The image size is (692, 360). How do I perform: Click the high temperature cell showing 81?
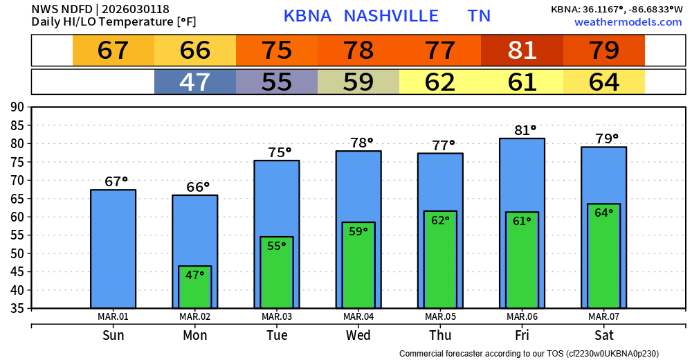[x=522, y=51]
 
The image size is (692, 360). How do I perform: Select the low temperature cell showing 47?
[x=195, y=82]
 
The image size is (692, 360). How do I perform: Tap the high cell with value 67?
[x=113, y=51]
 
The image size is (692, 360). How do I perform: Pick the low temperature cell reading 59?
[x=358, y=82]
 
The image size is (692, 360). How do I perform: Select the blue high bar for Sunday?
[x=113, y=249]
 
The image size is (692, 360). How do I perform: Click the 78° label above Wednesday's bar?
[x=358, y=143]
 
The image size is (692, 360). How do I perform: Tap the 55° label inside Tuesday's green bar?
[x=277, y=246]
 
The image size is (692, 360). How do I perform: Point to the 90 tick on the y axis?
[x=17, y=107]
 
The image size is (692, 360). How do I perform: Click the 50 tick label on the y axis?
[x=17, y=253]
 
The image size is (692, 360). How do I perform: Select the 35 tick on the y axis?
[x=17, y=308]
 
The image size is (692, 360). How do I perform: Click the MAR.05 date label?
[x=440, y=317]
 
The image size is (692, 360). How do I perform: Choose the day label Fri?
[x=522, y=336]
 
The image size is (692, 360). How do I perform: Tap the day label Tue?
[x=277, y=336]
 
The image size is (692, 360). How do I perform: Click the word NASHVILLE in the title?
[x=391, y=16]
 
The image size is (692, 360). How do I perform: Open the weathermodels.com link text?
[x=628, y=22]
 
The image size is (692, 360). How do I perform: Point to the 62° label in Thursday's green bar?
[x=440, y=220]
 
